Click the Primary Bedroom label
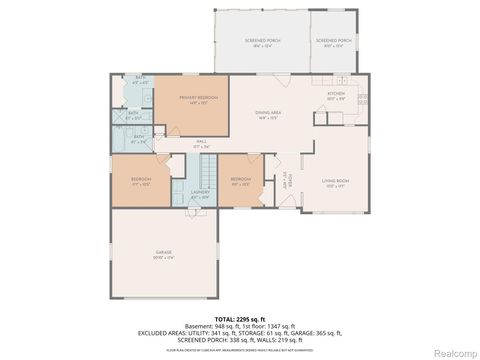click(193, 99)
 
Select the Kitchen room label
click(337, 96)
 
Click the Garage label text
click(163, 254)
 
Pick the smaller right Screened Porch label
click(332, 41)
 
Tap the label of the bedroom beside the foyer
click(240, 182)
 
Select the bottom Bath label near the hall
click(139, 140)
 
